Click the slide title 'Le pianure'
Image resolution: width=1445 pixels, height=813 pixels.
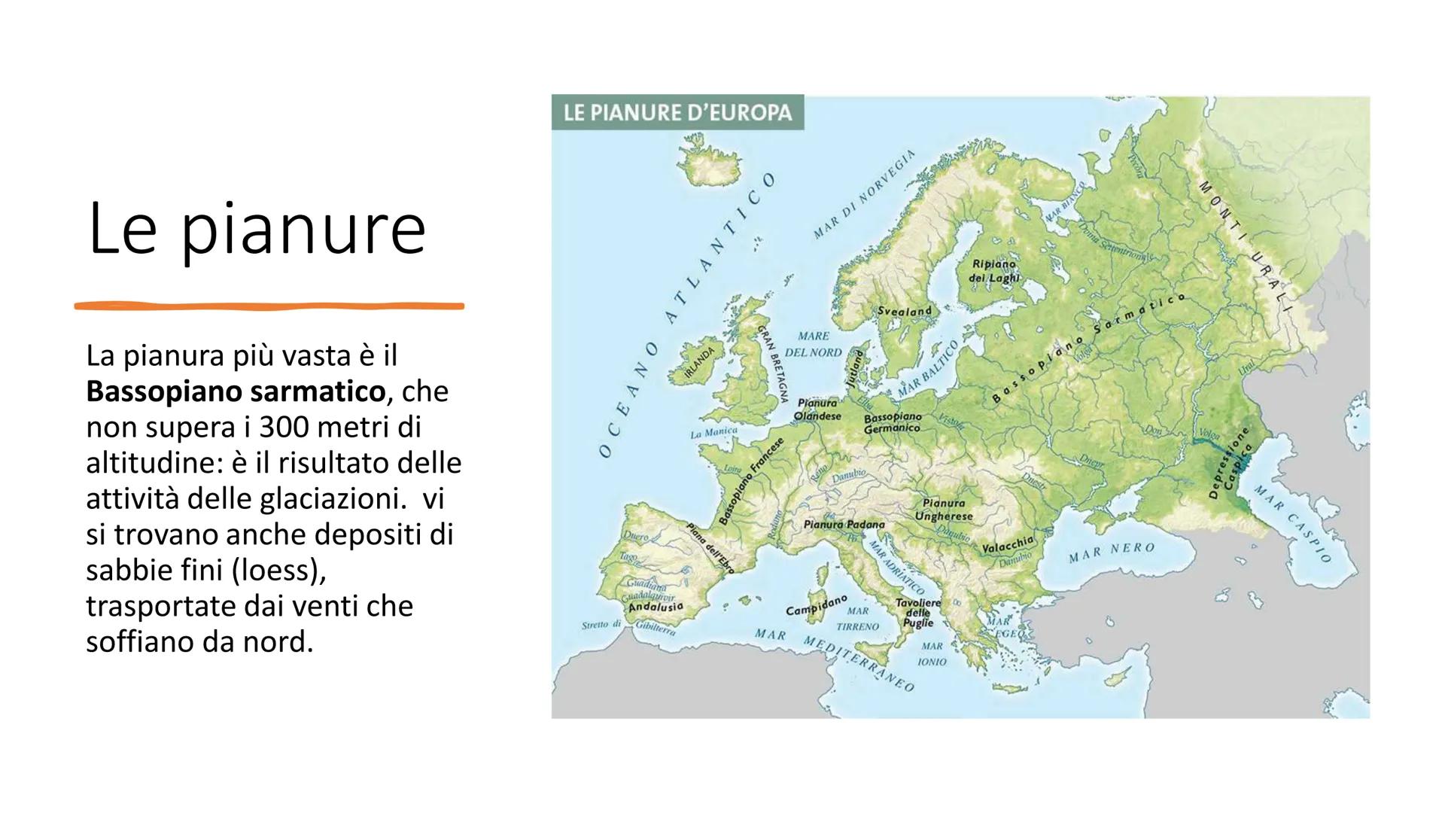click(x=257, y=228)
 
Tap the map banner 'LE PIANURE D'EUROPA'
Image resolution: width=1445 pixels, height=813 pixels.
click(x=677, y=113)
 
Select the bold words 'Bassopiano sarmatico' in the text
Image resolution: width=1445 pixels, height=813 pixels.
click(x=236, y=391)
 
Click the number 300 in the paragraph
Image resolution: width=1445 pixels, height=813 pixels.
click(x=281, y=427)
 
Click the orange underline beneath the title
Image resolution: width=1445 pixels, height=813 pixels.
click(x=269, y=306)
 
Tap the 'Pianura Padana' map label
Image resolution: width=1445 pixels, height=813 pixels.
click(x=844, y=524)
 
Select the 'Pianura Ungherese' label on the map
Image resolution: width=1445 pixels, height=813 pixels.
click(x=944, y=510)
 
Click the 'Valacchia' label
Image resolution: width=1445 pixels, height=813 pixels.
click(x=1008, y=544)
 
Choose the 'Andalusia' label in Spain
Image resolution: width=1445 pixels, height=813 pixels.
click(x=656, y=606)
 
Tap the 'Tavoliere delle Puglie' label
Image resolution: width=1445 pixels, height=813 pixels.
click(x=917, y=613)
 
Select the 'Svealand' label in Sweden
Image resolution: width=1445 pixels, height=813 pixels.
click(x=905, y=310)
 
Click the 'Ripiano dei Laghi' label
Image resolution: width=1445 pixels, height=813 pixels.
click(x=994, y=271)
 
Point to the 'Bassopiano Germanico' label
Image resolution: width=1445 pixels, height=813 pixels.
click(x=893, y=422)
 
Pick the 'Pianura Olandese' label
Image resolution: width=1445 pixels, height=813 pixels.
click(x=817, y=410)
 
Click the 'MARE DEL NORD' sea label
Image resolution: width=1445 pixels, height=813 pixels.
click(x=813, y=344)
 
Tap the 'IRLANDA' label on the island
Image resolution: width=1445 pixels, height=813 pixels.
click(x=700, y=362)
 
